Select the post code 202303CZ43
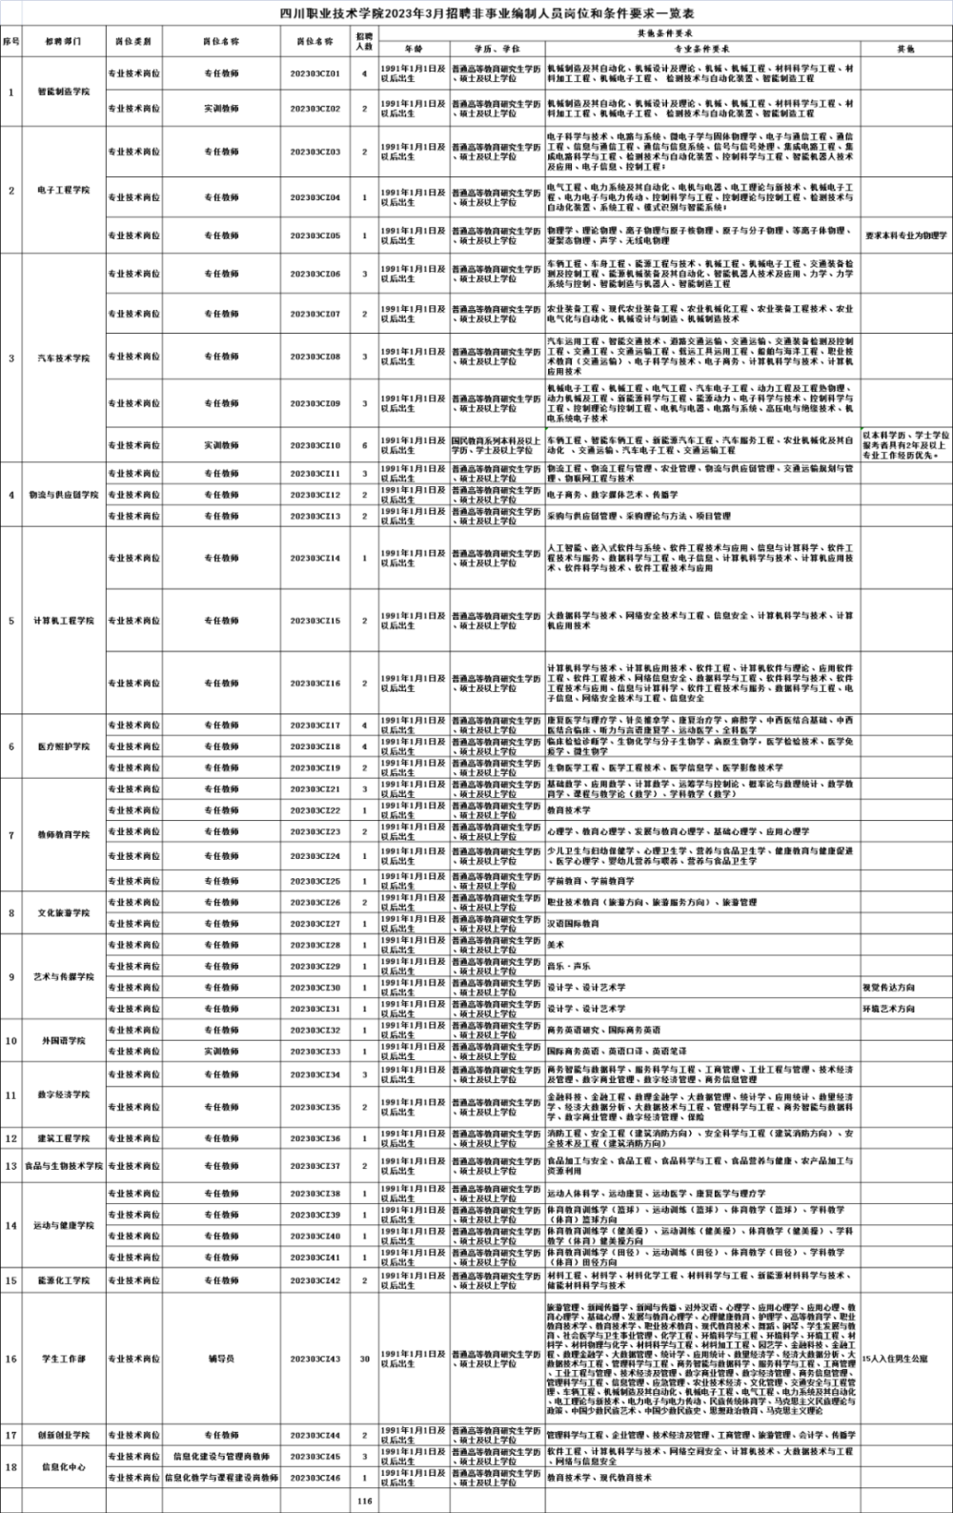point(315,1359)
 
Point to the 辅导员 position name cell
point(221,1359)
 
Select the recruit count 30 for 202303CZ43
point(364,1359)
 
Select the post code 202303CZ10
point(315,445)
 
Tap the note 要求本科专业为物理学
point(905,235)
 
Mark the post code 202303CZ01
point(315,73)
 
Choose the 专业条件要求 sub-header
point(702,48)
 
